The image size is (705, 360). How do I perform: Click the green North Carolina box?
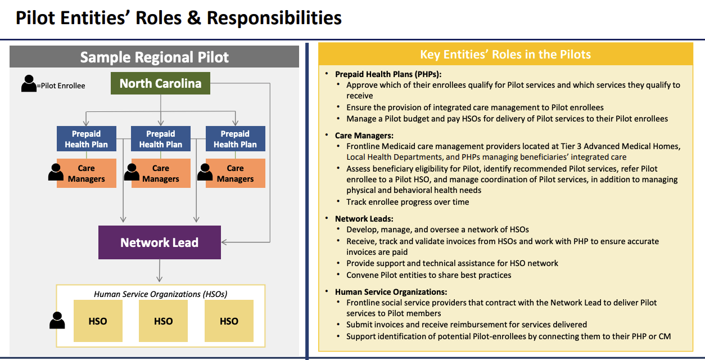click(x=160, y=83)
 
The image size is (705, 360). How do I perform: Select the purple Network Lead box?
click(x=160, y=242)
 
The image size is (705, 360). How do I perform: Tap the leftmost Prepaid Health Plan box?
click(x=87, y=138)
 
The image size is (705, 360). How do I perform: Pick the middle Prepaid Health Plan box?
click(x=161, y=138)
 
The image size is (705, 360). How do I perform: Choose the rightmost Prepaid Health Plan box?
click(x=236, y=138)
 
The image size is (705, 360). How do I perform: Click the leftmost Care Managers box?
click(x=87, y=173)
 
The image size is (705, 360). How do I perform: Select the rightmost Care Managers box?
click(x=236, y=173)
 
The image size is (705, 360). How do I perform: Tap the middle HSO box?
click(x=164, y=321)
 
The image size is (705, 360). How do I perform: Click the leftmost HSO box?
click(x=98, y=321)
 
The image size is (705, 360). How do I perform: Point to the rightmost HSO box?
click(x=229, y=321)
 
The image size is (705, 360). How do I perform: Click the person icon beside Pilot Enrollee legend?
click(x=29, y=83)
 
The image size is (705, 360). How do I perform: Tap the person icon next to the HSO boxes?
click(x=57, y=320)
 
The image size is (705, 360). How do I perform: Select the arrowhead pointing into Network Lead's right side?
click(x=224, y=242)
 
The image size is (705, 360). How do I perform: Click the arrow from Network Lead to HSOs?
click(x=160, y=271)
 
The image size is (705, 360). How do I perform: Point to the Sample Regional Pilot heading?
click(x=154, y=57)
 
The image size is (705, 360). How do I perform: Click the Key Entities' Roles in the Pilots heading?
click(x=505, y=55)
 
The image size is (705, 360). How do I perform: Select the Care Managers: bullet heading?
click(x=364, y=136)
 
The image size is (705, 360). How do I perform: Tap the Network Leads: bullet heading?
click(x=364, y=219)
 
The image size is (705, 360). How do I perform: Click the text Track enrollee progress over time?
click(x=408, y=202)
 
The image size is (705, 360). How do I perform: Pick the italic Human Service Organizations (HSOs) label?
click(x=161, y=294)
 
